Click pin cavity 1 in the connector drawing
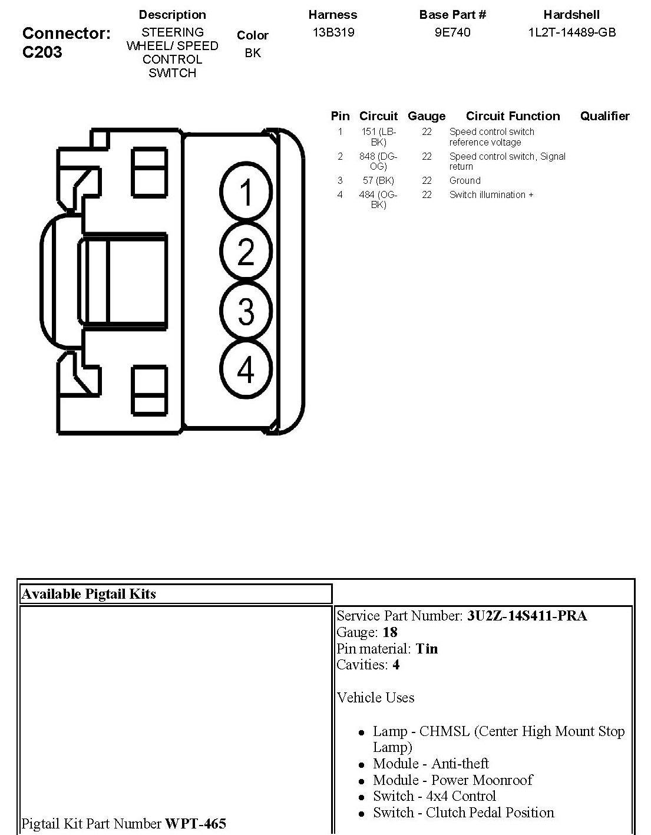(x=246, y=193)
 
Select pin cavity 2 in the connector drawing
(x=246, y=252)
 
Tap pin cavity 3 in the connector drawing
(x=246, y=311)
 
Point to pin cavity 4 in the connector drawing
(x=246, y=369)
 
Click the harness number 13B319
(x=333, y=32)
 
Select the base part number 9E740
(x=452, y=32)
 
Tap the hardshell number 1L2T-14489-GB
(x=571, y=32)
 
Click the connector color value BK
(x=253, y=53)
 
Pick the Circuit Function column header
(x=513, y=116)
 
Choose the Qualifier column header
(x=604, y=116)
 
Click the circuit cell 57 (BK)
(x=378, y=181)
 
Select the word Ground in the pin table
(x=465, y=181)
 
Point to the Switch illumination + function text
(x=491, y=195)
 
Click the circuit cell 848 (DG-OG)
(x=378, y=161)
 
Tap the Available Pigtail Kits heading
(x=88, y=594)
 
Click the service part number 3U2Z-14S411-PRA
(x=527, y=616)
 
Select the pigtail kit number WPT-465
(x=196, y=823)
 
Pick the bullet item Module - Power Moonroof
(x=452, y=780)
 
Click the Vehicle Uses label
(x=375, y=698)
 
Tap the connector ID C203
(x=42, y=52)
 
